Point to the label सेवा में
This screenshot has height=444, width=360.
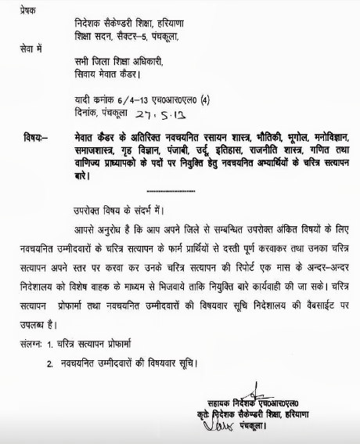(x=20, y=50)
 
